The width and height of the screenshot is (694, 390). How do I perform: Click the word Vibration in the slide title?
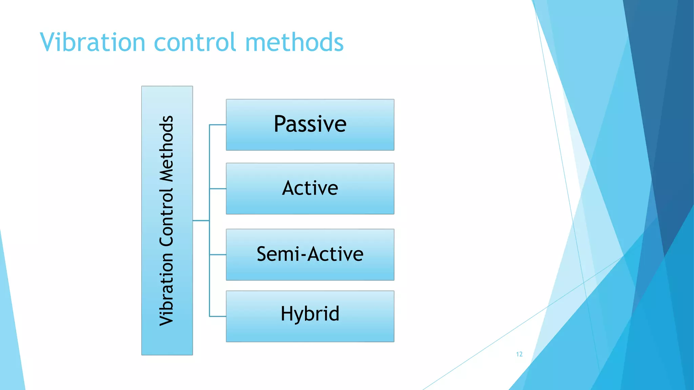93,42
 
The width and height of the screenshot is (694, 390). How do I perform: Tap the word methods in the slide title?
294,42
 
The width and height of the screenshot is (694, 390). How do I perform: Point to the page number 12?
519,354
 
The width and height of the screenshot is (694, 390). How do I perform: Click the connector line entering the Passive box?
218,125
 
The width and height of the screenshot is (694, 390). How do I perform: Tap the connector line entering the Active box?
218,189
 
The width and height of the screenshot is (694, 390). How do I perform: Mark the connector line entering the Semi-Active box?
218,255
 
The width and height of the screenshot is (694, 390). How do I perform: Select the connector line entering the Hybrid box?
218,317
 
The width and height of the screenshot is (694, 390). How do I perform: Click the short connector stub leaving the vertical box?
201,221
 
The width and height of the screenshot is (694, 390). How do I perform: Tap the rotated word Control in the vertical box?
166,217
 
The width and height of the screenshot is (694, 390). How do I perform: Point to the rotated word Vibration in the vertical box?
166,289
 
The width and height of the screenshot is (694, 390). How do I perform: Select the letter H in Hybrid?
287,313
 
